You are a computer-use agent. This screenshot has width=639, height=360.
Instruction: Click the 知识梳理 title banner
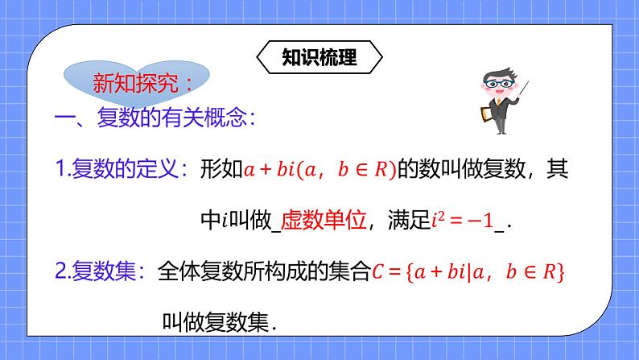tap(319, 58)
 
